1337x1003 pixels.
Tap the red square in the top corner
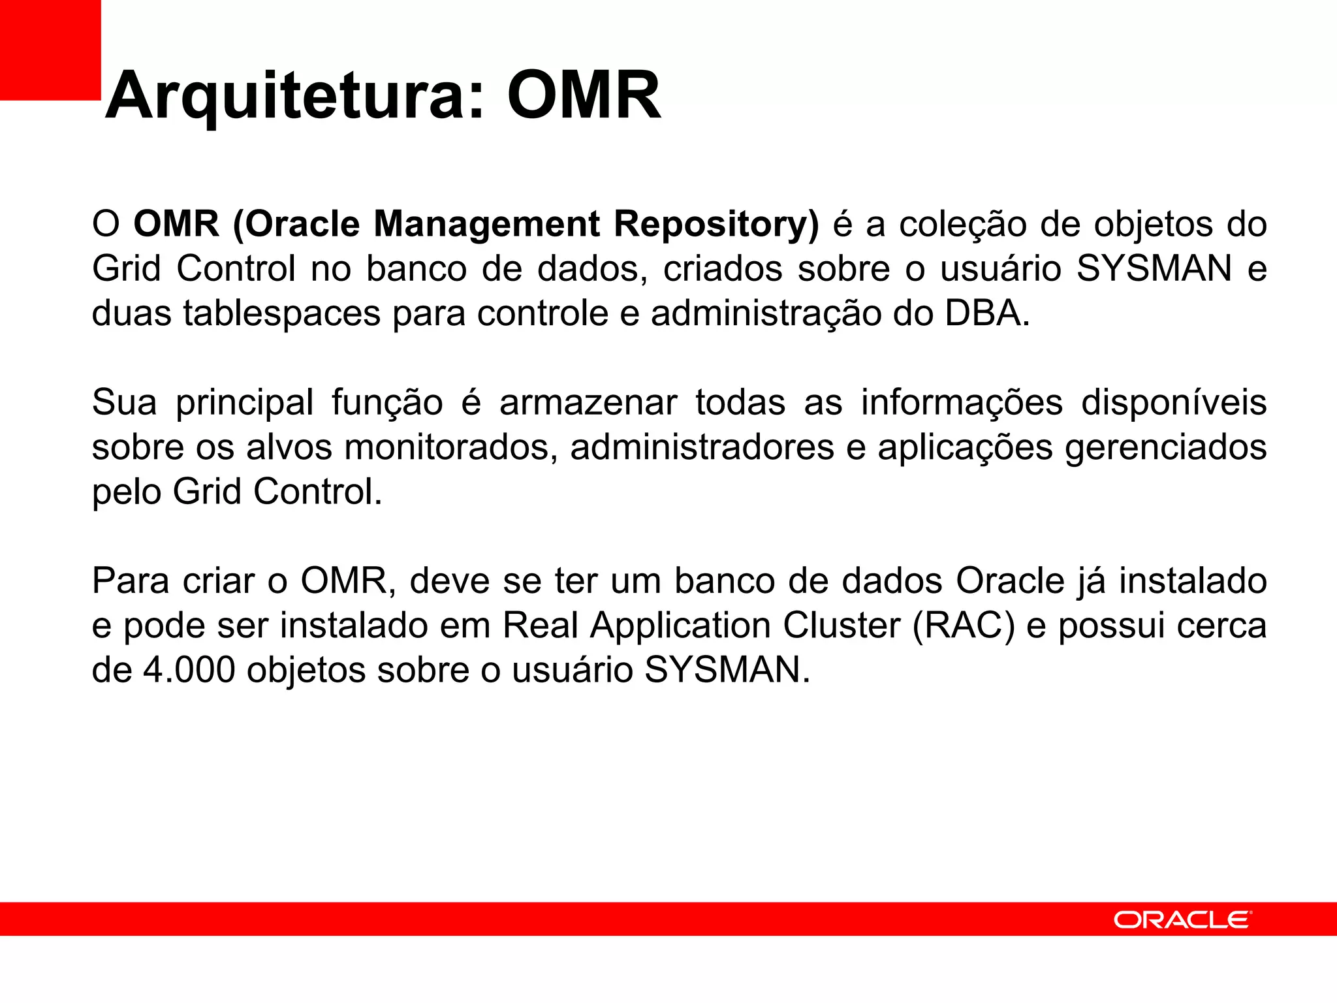coord(50,50)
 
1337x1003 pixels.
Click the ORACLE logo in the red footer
coord(1182,919)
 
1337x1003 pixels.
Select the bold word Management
coord(486,224)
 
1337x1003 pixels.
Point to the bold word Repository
coord(716,224)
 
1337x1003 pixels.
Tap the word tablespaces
coord(281,313)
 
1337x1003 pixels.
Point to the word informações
coord(962,402)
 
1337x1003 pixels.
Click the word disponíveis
coord(1174,402)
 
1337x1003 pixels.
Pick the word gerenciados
coord(1165,447)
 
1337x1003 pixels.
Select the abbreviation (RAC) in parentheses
coord(964,626)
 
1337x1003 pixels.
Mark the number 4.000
coord(189,670)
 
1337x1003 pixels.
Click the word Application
coord(679,626)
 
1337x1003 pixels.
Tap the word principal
coord(245,402)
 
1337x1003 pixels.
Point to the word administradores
coord(702,447)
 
